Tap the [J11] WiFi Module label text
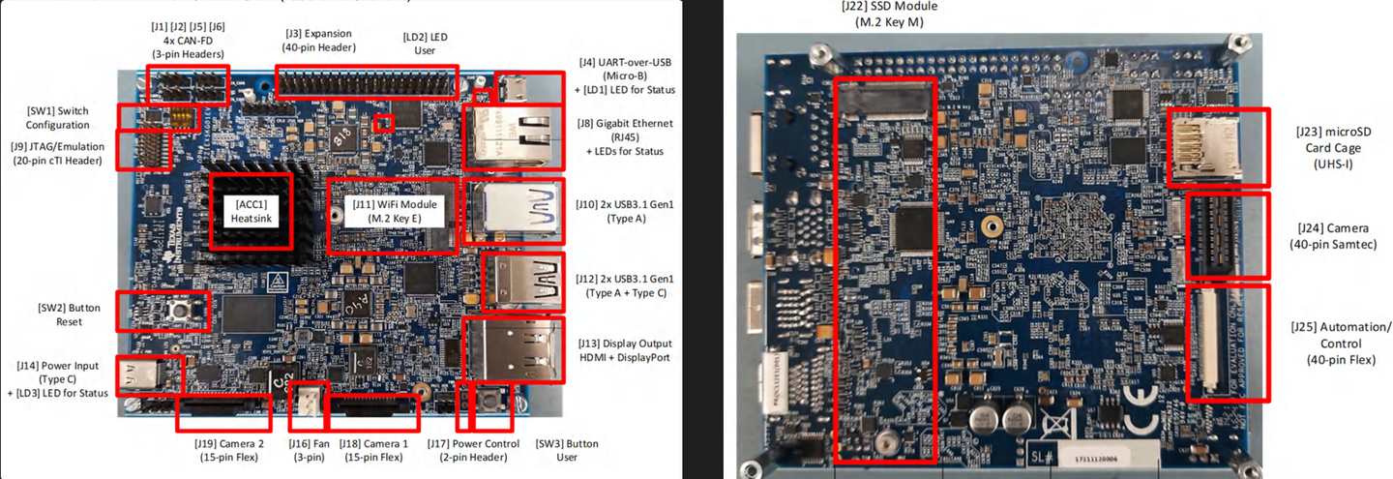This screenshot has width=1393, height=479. [x=392, y=212]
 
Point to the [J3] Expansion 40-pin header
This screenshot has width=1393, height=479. [x=368, y=82]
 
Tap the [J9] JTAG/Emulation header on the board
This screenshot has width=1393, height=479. [x=143, y=150]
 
